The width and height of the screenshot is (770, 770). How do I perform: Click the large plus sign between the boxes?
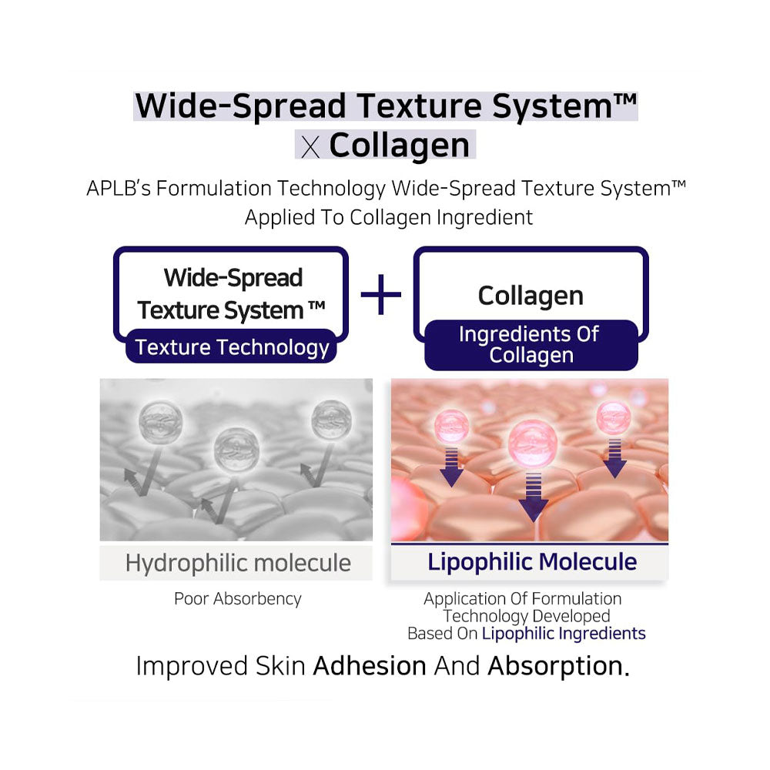(380, 295)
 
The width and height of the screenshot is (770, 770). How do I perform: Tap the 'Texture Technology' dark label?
(231, 346)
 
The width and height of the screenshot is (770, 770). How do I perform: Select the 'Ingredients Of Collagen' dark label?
(531, 345)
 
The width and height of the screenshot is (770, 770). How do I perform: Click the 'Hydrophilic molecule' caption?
(238, 563)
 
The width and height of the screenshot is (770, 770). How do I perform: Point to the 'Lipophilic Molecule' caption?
(532, 562)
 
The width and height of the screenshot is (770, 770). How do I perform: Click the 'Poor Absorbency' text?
(238, 598)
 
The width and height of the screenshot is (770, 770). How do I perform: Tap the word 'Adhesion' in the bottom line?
(370, 666)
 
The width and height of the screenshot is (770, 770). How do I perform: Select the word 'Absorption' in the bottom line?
(555, 666)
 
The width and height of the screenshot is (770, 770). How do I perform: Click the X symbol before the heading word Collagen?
(310, 147)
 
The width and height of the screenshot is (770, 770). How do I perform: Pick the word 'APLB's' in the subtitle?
(119, 188)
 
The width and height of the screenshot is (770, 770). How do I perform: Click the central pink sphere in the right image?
(532, 444)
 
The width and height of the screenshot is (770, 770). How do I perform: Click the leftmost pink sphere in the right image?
(452, 425)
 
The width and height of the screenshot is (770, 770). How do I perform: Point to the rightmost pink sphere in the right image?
(614, 417)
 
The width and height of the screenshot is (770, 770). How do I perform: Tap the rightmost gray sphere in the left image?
(331, 420)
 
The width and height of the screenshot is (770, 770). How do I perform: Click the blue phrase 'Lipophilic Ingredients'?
(564, 634)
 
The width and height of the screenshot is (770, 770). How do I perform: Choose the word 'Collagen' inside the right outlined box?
(531, 296)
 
